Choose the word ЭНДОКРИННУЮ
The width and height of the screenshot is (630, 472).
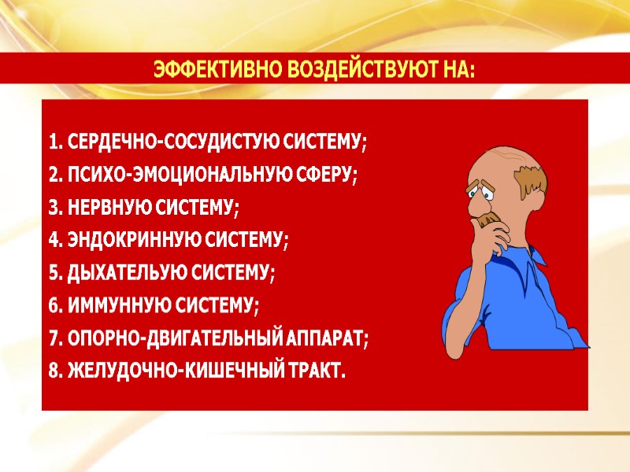[x=117, y=241]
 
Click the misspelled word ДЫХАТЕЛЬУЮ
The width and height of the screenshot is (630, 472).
[x=117, y=274]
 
